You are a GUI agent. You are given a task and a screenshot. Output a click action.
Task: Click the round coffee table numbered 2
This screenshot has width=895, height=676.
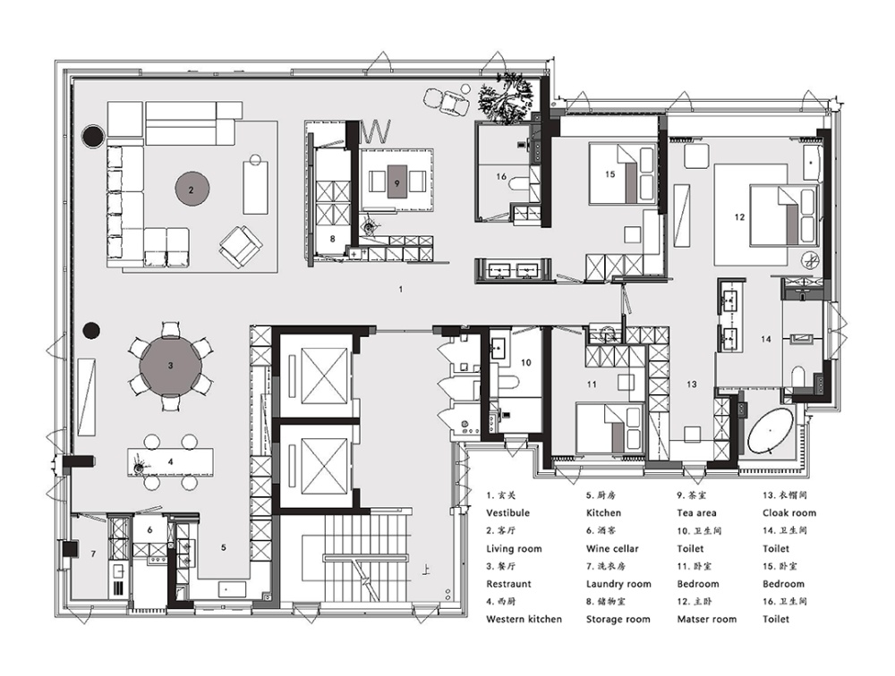tap(192, 190)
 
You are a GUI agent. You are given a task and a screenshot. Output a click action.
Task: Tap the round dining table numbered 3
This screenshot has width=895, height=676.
tap(170, 366)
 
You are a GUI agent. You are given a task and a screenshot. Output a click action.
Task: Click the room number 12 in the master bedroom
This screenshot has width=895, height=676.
tap(740, 216)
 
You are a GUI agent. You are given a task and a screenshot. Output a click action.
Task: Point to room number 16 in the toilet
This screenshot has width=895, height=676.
tap(501, 177)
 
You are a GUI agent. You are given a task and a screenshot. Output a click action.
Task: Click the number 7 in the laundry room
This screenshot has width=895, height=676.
tap(94, 553)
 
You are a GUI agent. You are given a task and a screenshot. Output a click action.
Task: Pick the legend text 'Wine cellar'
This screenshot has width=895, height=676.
tap(612, 549)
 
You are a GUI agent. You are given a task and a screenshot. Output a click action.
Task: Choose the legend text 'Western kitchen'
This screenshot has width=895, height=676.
tap(524, 619)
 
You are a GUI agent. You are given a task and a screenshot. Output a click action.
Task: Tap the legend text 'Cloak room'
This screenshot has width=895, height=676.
tap(789, 513)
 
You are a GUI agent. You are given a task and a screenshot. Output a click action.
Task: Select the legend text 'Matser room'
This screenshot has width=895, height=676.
tap(707, 619)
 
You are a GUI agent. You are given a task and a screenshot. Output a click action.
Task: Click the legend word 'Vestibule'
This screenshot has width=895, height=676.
tap(508, 513)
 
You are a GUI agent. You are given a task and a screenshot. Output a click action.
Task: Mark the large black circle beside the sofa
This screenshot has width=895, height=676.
tap(92, 136)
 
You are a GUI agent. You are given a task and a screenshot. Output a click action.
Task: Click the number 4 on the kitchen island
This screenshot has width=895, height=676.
tap(171, 462)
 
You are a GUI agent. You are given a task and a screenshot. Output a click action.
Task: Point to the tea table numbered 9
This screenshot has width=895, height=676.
tap(397, 182)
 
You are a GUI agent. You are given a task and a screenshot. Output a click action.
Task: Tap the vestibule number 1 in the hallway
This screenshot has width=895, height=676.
tap(401, 289)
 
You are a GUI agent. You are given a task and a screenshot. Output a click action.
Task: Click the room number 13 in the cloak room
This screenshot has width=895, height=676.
tap(692, 384)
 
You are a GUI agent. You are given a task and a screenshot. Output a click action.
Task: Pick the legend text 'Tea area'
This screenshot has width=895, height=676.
tap(696, 513)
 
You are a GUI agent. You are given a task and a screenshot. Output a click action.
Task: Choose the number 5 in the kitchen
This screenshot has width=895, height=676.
tap(224, 547)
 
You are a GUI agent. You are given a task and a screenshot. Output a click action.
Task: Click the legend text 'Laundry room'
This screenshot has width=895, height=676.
tap(618, 584)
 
